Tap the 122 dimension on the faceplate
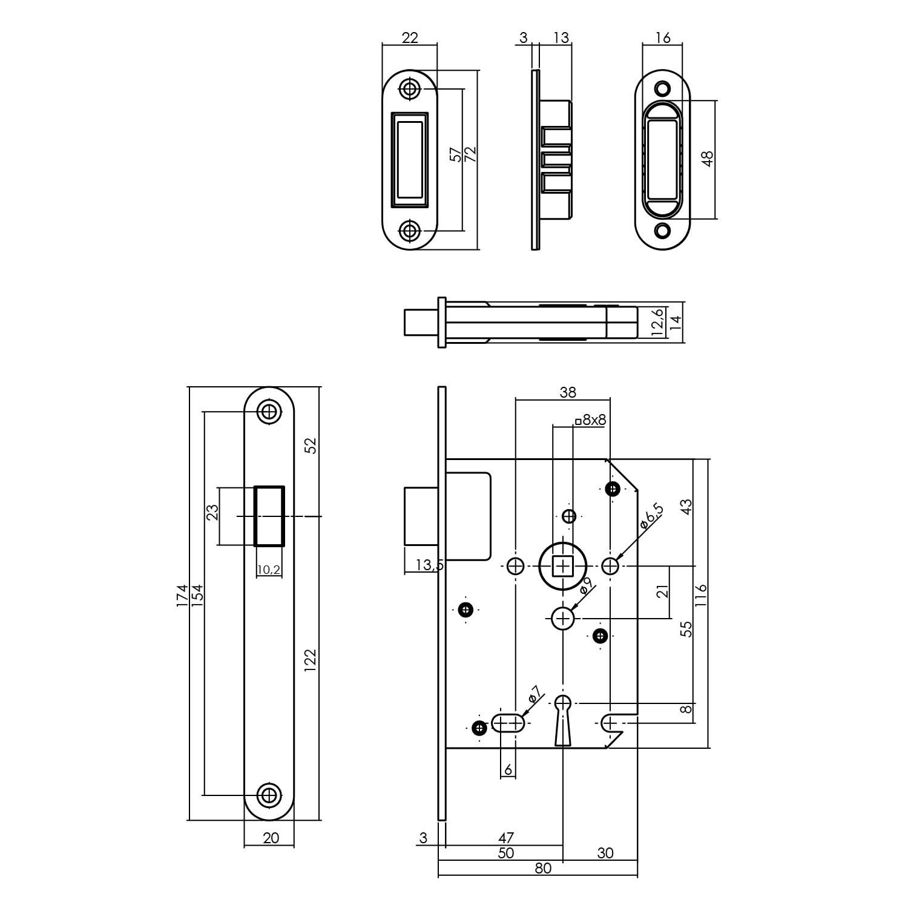tap(310, 662)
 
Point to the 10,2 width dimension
tap(269, 570)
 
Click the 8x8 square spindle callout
tap(591, 419)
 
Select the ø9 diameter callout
tap(585, 588)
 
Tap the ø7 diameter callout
tap(533, 695)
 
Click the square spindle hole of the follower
tap(564, 567)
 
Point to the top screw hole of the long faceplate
tap(269, 412)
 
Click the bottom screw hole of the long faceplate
tap(269, 795)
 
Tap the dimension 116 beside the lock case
tap(701, 596)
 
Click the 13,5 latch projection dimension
tap(430, 565)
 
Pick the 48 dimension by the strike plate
tap(708, 159)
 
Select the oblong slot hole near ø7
tap(508, 723)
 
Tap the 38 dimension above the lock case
tap(567, 392)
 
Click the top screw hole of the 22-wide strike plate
tap(410, 89)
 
